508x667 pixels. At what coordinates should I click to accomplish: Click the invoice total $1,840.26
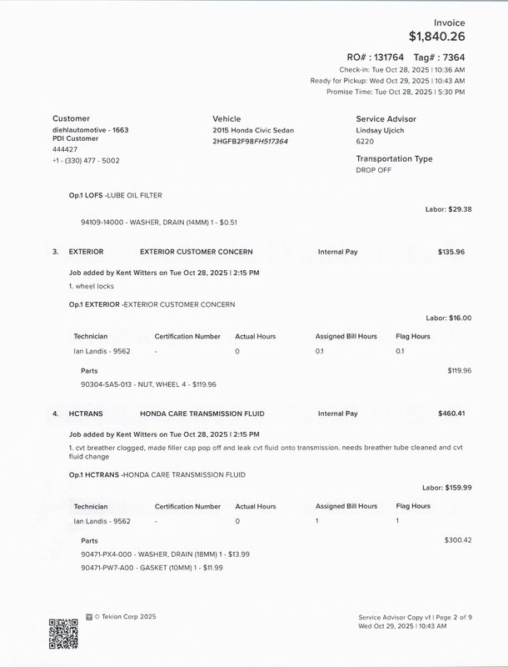(436, 37)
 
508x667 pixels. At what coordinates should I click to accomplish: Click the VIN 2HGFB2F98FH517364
(250, 142)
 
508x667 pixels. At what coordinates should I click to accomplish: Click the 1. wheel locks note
(93, 287)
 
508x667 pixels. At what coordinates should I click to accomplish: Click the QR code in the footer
(63, 634)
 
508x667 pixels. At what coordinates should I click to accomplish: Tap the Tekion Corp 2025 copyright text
(125, 617)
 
